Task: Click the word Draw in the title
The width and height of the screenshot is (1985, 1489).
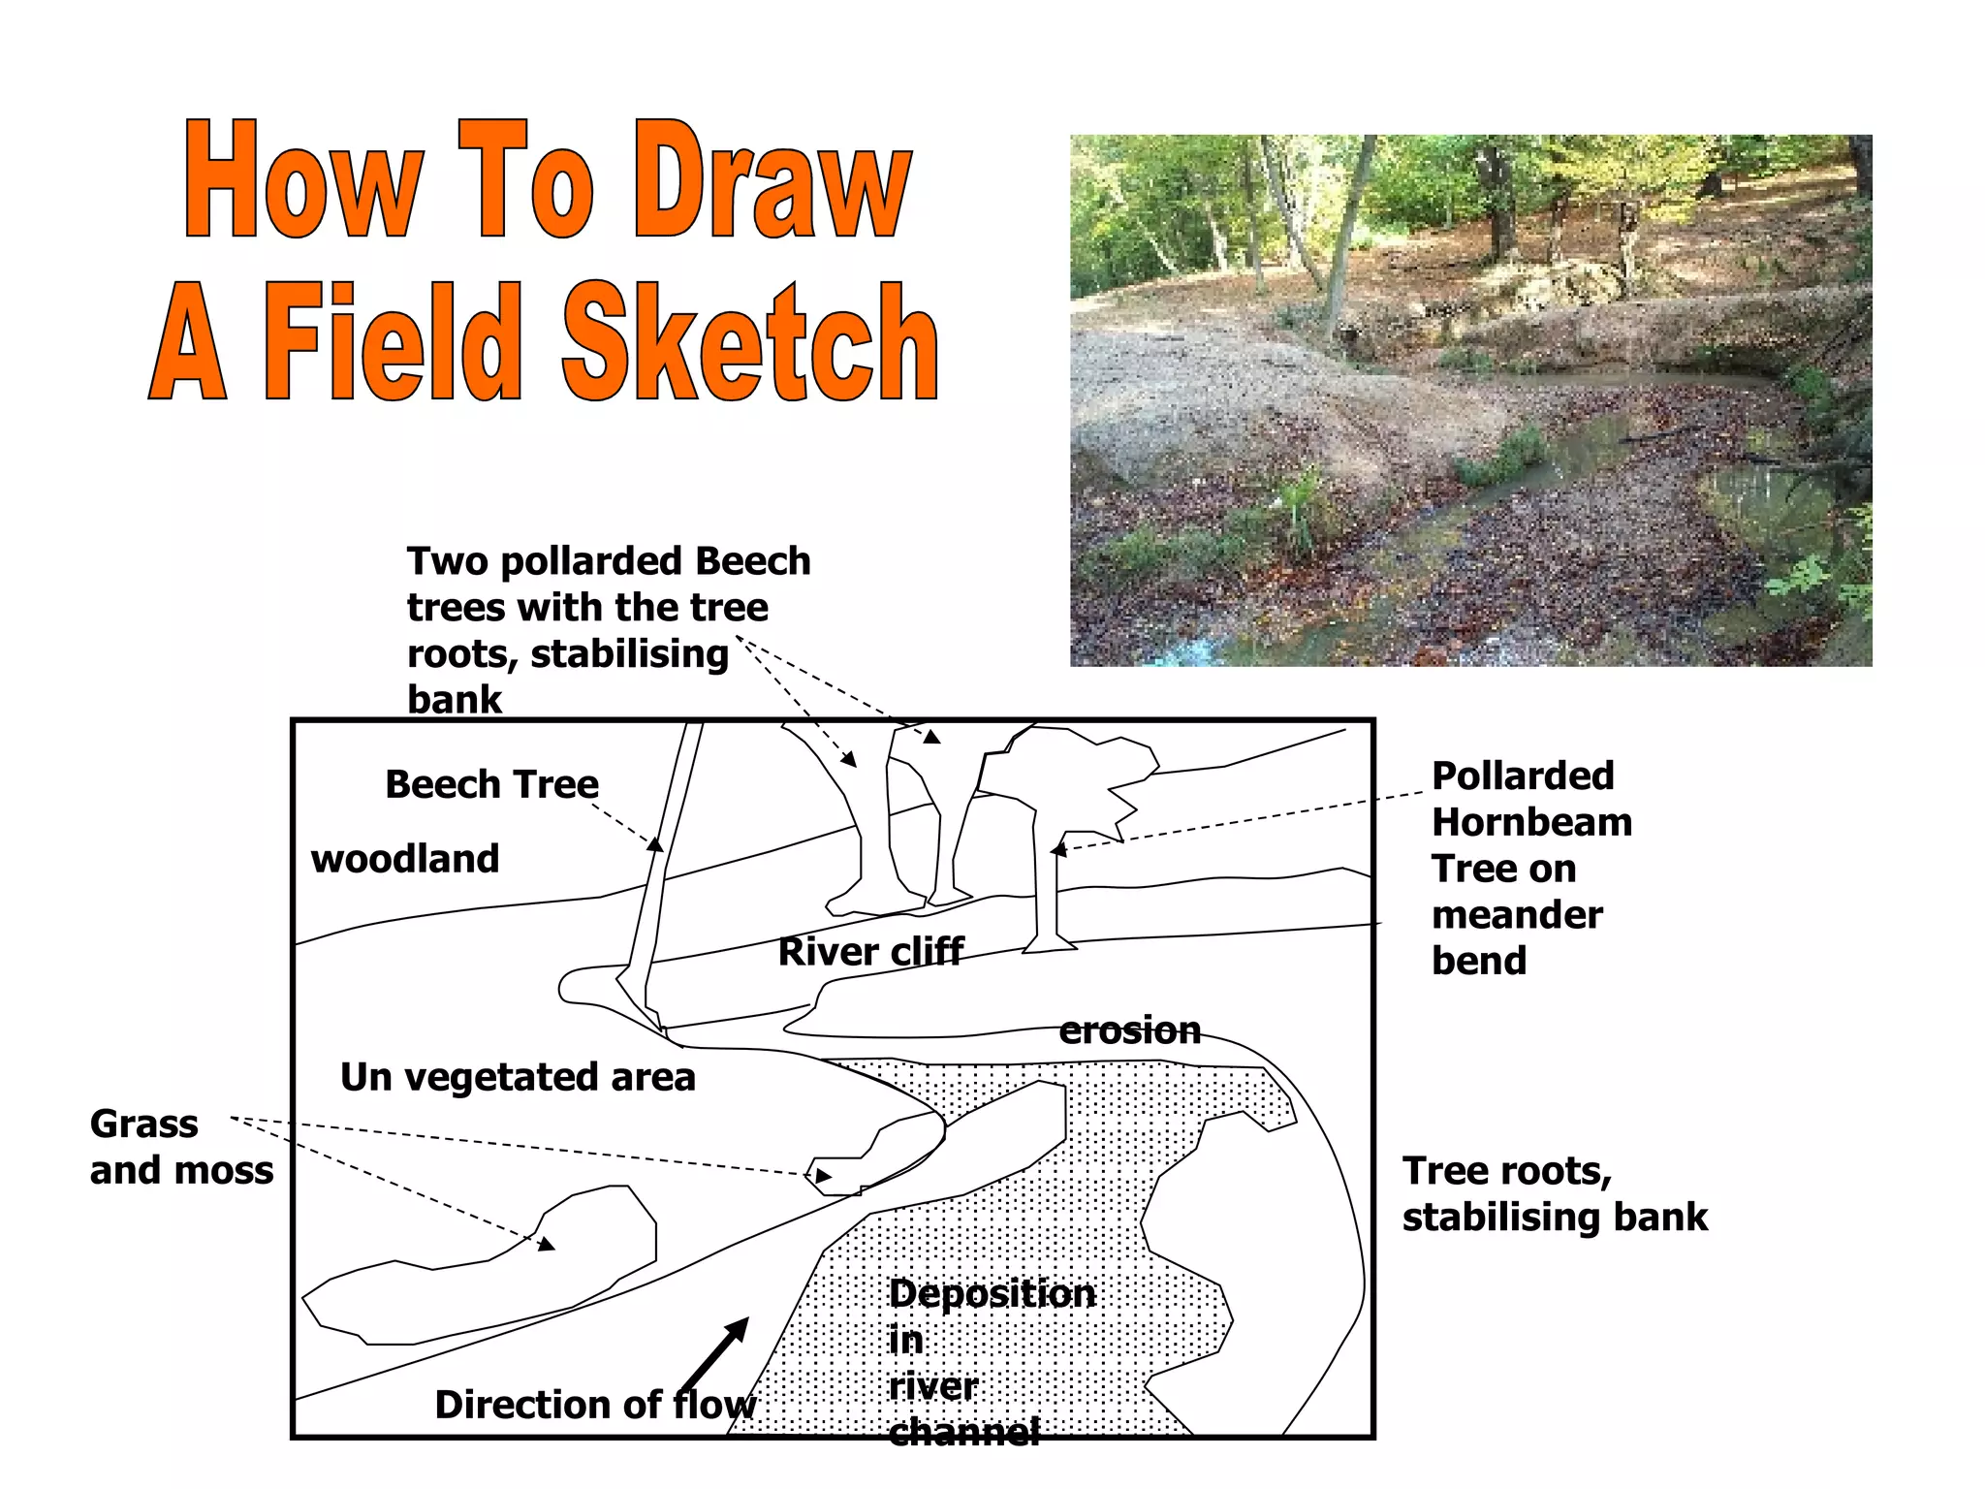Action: [x=772, y=180]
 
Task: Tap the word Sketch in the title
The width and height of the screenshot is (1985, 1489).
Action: [x=750, y=341]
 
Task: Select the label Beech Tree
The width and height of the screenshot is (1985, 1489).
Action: [x=491, y=783]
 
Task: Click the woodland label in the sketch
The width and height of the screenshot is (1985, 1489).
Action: [x=405, y=859]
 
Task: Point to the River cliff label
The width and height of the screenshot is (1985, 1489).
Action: [x=870, y=952]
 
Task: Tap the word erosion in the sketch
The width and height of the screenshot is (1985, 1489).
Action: [x=1130, y=1030]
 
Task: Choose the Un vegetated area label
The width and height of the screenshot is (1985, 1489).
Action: [x=518, y=1077]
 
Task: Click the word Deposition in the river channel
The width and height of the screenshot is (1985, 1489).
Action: [x=992, y=1294]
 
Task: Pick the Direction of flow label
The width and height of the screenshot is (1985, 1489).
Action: [x=595, y=1405]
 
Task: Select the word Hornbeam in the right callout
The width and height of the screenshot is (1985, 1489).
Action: [x=1532, y=822]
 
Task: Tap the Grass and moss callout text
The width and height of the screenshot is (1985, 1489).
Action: [x=182, y=1147]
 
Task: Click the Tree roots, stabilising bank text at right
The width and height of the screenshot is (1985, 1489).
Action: [x=1555, y=1193]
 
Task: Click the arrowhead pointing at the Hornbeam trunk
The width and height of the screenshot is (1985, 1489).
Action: [x=1059, y=850]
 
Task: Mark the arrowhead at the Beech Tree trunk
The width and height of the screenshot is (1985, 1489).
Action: [x=656, y=843]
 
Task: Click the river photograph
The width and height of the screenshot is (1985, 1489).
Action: [x=1471, y=400]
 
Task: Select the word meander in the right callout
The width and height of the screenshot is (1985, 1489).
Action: [x=1517, y=915]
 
